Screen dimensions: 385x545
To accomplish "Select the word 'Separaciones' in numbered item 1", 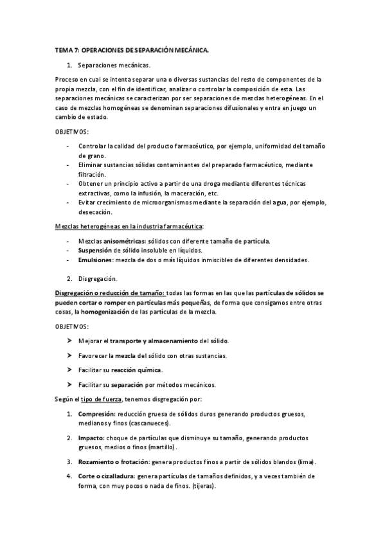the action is [x=97, y=65].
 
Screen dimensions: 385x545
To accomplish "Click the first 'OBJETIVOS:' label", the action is [x=71, y=131].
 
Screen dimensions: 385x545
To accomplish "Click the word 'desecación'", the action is [x=96, y=212].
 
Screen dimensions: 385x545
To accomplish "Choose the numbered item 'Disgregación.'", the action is [x=97, y=278].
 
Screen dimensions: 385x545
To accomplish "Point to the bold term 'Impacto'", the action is [x=91, y=437].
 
